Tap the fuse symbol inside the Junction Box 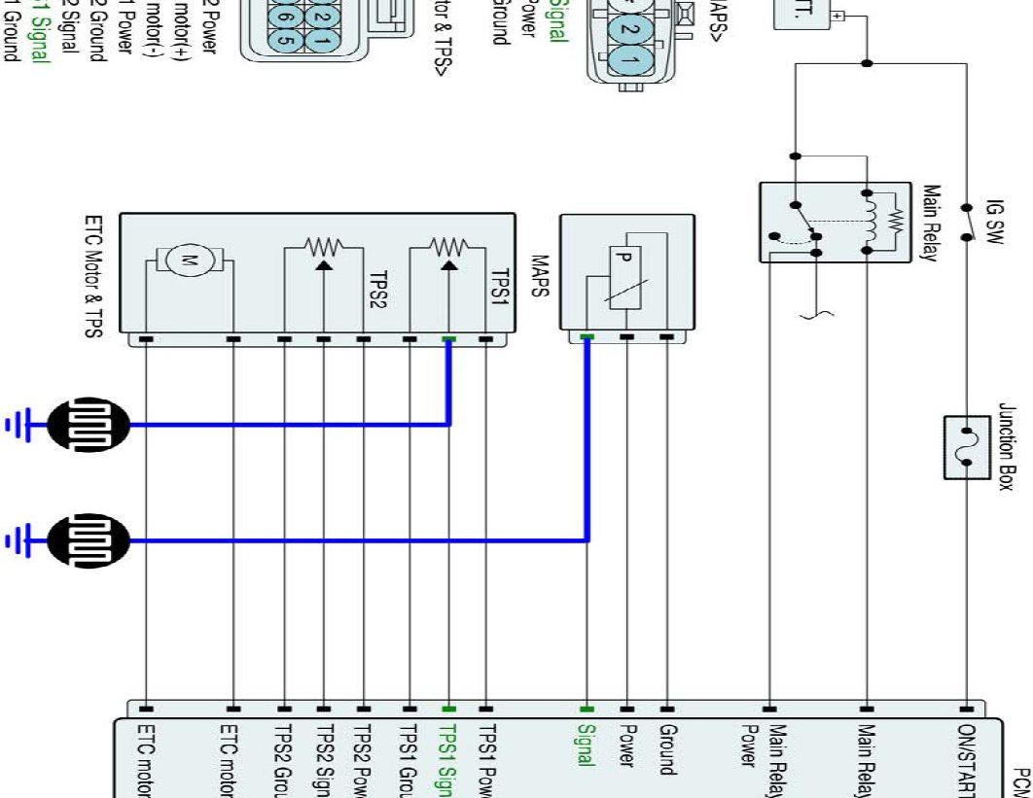(x=967, y=447)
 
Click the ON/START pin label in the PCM (x=967, y=758)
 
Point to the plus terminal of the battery (x=837, y=17)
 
